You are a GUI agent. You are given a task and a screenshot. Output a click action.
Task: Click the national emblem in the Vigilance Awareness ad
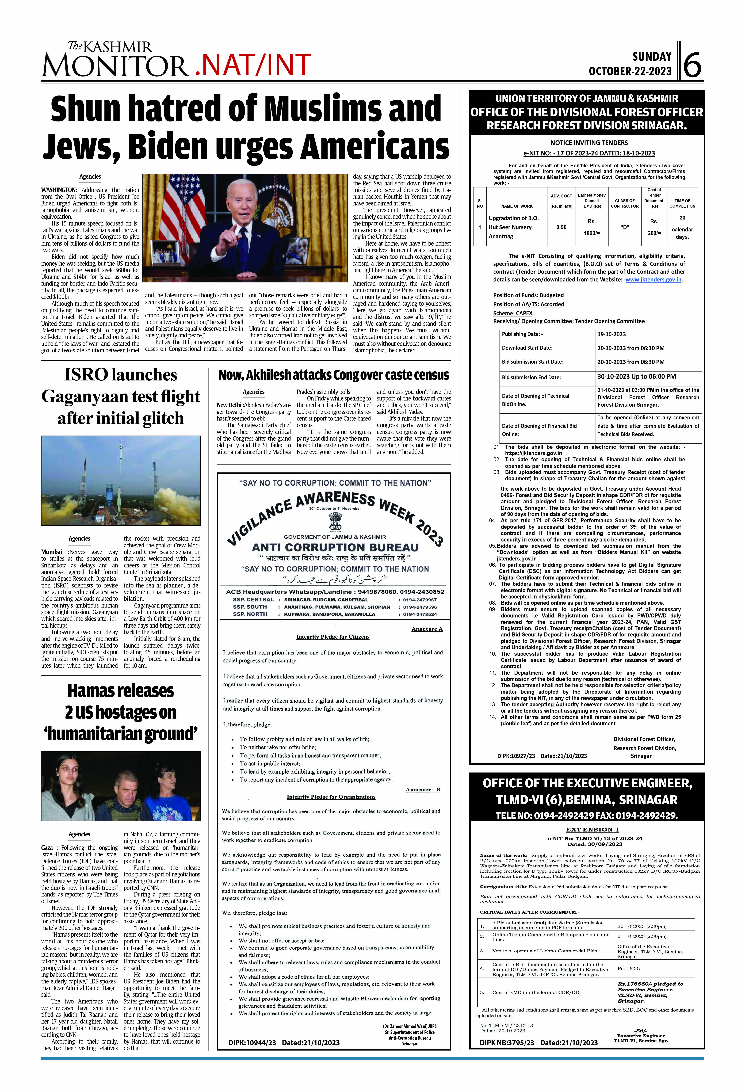click(x=335, y=521)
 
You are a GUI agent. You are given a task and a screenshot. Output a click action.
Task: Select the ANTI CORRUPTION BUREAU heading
click(x=335, y=547)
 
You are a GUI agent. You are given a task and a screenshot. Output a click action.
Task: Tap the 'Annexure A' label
click(x=427, y=629)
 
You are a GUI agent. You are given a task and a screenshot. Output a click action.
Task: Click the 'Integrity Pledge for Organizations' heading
click(x=331, y=797)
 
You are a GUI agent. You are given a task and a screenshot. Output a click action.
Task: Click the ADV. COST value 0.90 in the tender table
click(x=561, y=227)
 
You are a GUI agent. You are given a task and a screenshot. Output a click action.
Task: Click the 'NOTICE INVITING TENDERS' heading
click(x=589, y=143)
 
